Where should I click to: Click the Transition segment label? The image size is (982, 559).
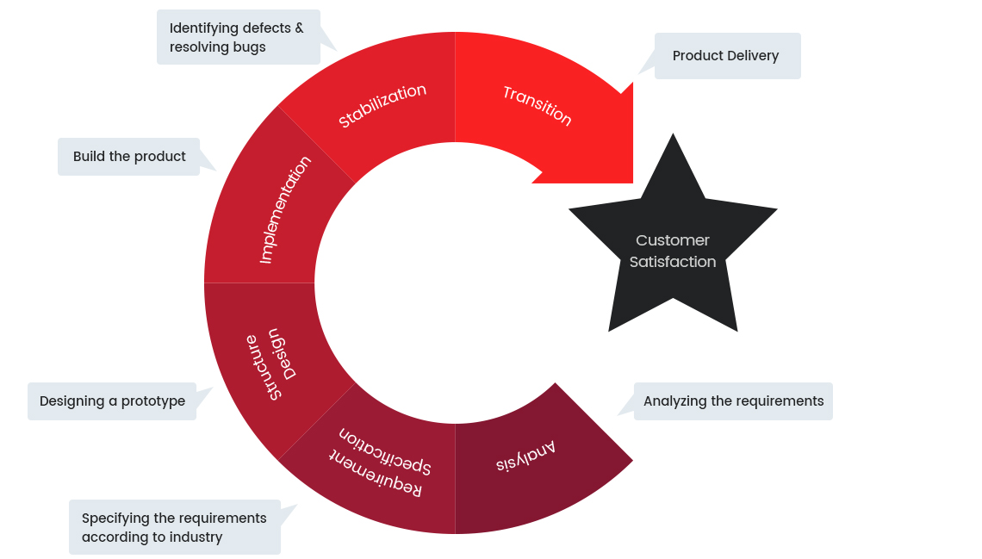[x=538, y=105]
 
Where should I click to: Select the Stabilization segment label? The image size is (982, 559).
[x=382, y=106]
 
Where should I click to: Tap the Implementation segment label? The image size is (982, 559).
[x=285, y=209]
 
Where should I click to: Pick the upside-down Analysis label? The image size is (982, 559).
[x=525, y=457]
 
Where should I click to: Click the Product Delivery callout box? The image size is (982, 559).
[x=727, y=56]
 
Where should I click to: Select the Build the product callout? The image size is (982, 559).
[x=129, y=157]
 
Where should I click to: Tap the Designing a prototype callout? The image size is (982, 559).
[x=112, y=401]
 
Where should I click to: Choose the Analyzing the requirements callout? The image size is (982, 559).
[x=733, y=401]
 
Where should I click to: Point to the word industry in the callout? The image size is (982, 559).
[x=196, y=537]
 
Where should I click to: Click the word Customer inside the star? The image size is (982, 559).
[x=673, y=240]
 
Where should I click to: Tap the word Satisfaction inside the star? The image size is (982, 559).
[x=673, y=262]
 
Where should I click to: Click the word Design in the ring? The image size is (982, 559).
[x=286, y=354]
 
